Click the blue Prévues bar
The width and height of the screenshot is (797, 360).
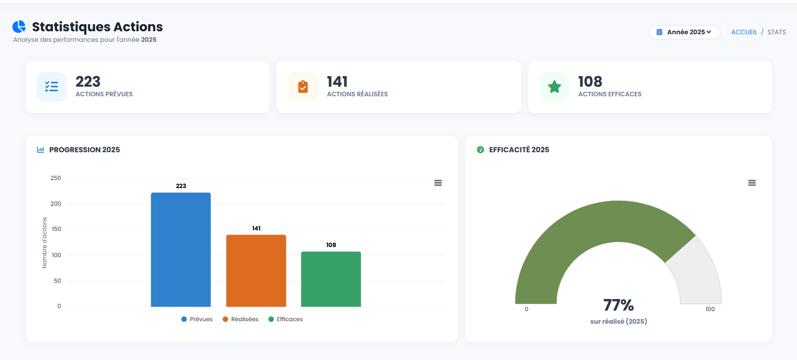(x=180, y=250)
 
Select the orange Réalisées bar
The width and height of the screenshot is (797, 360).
(x=256, y=271)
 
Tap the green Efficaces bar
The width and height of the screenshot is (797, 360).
(x=331, y=279)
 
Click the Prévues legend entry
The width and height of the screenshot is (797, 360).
(x=197, y=319)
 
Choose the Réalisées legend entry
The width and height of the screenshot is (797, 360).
(x=240, y=319)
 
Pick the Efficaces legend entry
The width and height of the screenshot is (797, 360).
(x=286, y=319)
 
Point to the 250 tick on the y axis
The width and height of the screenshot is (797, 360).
(x=55, y=178)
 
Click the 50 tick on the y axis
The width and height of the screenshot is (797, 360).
(x=57, y=281)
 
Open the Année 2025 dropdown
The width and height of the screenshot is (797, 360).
(x=684, y=32)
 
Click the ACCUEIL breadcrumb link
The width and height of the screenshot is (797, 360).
(x=744, y=32)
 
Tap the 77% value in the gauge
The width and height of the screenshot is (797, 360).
(x=619, y=305)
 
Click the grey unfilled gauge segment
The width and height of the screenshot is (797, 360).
(x=696, y=272)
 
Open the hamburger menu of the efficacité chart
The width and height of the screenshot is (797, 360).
(x=752, y=183)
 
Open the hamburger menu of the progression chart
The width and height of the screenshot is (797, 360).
(x=438, y=183)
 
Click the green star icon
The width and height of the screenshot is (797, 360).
(x=555, y=87)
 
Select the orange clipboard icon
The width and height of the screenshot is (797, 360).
(x=303, y=87)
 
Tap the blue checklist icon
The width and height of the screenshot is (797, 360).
(x=51, y=87)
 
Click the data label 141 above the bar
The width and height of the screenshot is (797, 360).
(x=256, y=228)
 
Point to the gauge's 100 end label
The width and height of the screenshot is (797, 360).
(x=710, y=309)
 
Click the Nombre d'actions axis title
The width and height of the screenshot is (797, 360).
(x=44, y=243)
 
